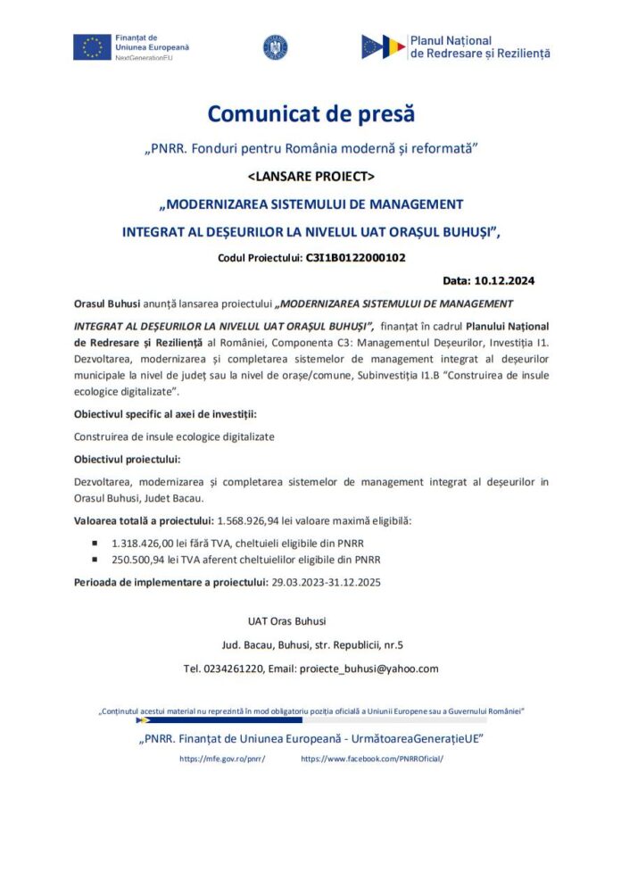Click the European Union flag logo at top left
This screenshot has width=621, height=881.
tap(92, 46)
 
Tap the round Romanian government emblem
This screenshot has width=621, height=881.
tap(275, 47)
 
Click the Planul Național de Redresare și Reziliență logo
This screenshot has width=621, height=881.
tap(455, 46)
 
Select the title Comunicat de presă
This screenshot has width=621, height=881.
tap(310, 114)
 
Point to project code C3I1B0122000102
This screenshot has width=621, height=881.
tap(355, 258)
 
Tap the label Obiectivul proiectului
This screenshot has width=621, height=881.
tap(127, 459)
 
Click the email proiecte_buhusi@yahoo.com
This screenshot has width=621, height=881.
tap(368, 669)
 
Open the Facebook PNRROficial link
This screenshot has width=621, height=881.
tap(372, 758)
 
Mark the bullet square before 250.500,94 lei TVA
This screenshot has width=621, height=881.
tap(95, 560)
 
